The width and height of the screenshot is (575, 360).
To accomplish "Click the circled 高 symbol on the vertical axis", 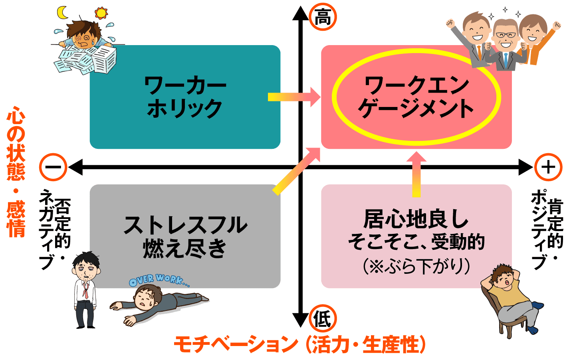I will tap(323, 18).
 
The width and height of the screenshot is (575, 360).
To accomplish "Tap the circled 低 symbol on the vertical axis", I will tap(323, 319).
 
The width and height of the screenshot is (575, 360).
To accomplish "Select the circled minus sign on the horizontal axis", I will tap(53, 167).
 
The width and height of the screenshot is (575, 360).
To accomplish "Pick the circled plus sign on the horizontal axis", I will tap(548, 167).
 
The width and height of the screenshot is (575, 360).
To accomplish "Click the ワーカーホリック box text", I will tap(185, 97).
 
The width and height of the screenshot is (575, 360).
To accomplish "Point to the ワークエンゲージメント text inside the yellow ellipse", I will tap(416, 97).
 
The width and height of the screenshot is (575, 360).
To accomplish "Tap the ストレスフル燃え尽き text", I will tap(185, 236).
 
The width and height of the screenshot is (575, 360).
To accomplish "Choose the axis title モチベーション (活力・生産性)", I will tap(299, 344).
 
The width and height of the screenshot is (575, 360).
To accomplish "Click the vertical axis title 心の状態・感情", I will tap(16, 172).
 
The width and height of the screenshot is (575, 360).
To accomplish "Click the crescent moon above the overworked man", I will tap(62, 13).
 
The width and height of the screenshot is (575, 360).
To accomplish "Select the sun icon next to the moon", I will tap(101, 13).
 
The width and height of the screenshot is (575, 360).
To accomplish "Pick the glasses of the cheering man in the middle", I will tap(506, 35).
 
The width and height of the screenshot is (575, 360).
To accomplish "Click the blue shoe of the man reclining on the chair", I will tap(537, 306).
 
